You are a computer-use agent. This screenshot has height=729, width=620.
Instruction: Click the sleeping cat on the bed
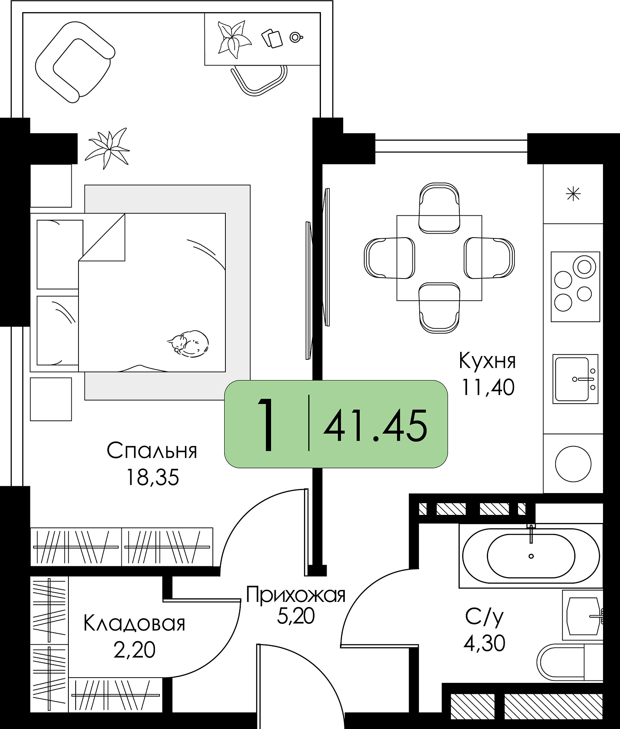(188, 343)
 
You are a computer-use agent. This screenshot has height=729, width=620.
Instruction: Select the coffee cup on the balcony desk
(296, 37)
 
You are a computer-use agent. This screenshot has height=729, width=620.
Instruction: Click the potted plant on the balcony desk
(234, 37)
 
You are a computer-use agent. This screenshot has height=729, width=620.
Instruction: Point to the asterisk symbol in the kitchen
(573, 194)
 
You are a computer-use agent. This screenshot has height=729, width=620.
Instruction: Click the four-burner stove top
(575, 287)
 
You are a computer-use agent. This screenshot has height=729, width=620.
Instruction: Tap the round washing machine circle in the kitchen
(573, 463)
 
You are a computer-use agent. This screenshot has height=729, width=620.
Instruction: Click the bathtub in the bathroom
(531, 556)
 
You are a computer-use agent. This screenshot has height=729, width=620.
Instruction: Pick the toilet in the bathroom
(567, 662)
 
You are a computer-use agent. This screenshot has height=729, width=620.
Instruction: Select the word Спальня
(152, 451)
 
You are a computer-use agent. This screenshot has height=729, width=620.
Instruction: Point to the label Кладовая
(134, 624)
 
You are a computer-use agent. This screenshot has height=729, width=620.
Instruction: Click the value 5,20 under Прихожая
(296, 616)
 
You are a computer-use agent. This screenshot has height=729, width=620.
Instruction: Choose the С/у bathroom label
(484, 617)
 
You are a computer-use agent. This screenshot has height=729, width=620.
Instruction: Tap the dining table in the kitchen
(439, 258)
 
